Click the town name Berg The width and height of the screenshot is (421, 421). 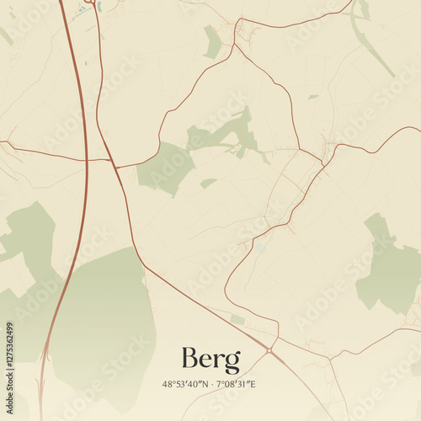click(210, 360)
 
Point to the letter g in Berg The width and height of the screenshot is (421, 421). click(232, 363)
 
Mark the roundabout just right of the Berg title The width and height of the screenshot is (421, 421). click(269, 349)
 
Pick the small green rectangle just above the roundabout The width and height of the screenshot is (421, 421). click(237, 320)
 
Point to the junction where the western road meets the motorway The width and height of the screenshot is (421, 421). click(86, 158)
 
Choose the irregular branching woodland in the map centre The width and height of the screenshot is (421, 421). click(223, 135)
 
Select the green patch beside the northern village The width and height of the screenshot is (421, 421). click(213, 42)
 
